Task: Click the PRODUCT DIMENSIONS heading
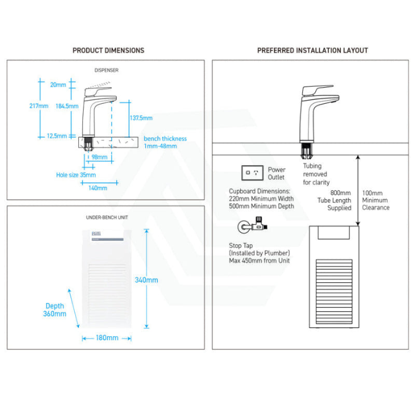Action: (108, 50)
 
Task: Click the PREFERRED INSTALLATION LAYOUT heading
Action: (312, 50)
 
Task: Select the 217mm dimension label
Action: (39, 106)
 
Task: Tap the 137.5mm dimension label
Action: (141, 118)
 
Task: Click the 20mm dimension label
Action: (59, 85)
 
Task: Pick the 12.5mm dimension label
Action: (57, 136)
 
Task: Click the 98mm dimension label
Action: (100, 157)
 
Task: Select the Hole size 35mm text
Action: (73, 175)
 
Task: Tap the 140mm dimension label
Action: (98, 188)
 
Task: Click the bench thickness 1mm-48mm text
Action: (165, 142)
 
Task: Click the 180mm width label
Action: (107, 338)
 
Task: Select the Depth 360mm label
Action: (55, 310)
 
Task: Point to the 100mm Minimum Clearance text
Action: (376, 200)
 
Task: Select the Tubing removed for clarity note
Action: (315, 174)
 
